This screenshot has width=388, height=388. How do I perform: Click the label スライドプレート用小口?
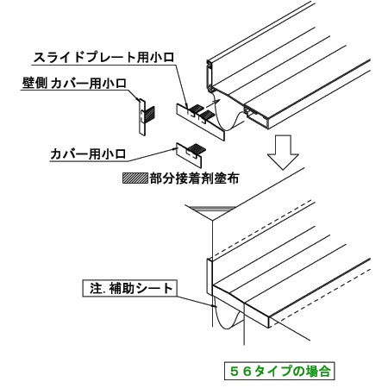tap(104, 58)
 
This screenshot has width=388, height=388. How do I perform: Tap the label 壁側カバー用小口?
tap(74, 84)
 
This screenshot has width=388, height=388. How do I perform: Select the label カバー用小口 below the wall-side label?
tap(88, 154)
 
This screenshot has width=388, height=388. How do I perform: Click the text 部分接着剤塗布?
tap(194, 178)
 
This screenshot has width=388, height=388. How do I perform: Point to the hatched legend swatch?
tap(135, 178)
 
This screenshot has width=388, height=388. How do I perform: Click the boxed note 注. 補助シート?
tap(130, 288)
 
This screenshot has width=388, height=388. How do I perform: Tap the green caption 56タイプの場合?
tap(279, 371)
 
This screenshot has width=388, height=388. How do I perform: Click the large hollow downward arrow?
tap(284, 153)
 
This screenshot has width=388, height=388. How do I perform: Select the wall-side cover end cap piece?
tap(142, 117)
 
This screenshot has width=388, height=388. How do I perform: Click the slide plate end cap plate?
tap(200, 122)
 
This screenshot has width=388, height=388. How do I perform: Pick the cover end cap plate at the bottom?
tap(189, 154)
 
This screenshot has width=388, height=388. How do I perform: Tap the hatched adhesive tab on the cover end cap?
tap(197, 147)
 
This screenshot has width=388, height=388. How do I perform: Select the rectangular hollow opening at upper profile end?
tap(256, 118)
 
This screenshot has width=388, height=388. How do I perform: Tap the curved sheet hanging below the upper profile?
tap(228, 115)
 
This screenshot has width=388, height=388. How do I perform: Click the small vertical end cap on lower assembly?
tap(210, 277)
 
